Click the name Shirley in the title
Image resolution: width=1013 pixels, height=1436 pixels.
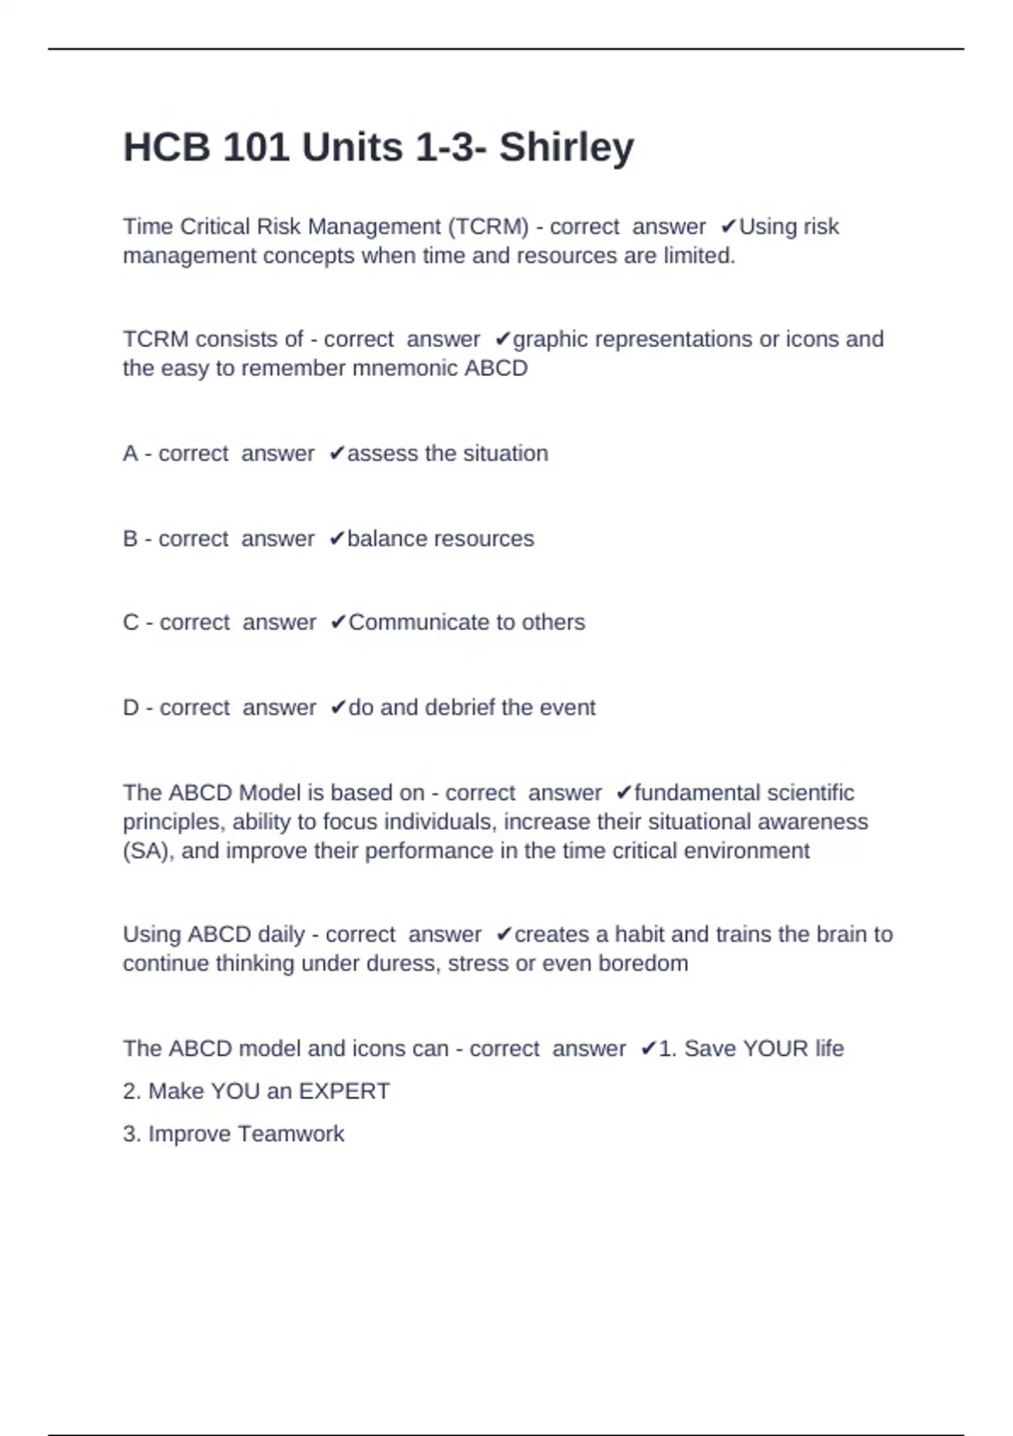coord(566,148)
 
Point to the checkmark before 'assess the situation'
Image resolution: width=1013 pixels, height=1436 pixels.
coord(337,454)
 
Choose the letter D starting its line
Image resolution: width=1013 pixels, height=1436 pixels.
coord(131,708)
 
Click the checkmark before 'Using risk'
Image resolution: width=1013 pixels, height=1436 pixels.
coord(729,226)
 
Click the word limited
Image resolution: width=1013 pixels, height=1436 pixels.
coord(699,255)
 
